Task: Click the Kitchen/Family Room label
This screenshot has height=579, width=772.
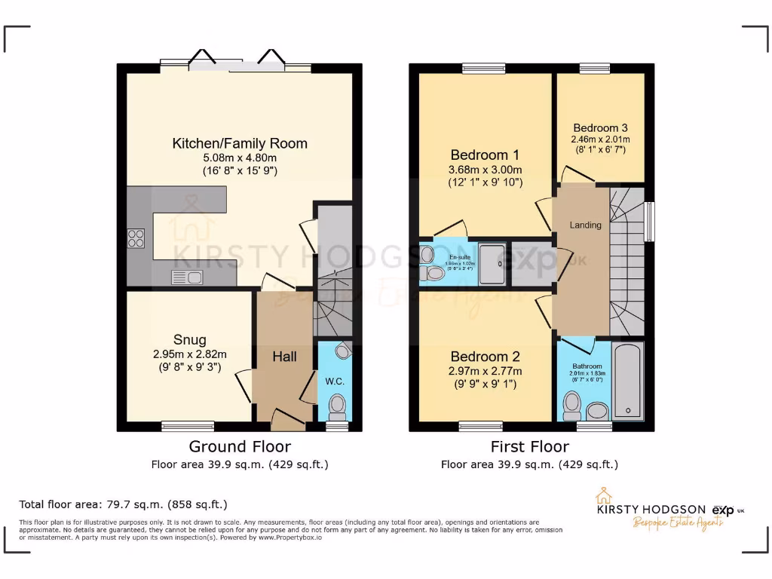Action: point(240,143)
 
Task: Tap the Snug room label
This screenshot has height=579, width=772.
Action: point(189,339)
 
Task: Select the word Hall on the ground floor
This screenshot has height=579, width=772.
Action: point(284,357)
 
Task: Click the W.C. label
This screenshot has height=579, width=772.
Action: point(335,381)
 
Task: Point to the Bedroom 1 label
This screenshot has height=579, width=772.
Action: point(485,155)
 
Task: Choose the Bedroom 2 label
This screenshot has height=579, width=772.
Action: point(485,357)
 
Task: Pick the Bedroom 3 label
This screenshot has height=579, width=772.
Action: point(600,128)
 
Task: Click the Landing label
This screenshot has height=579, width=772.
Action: point(585,225)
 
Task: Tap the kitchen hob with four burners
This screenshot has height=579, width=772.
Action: point(136,238)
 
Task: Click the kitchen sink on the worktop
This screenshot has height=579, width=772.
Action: point(186,277)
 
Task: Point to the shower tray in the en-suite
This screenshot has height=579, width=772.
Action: point(494,262)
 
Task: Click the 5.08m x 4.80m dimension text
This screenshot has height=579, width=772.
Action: point(240,158)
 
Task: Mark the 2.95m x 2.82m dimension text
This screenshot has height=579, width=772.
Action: point(189,354)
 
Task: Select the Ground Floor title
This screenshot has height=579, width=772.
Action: point(240,447)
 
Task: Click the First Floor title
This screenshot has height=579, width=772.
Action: point(528,447)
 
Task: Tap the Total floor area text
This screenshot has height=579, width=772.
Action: point(123,504)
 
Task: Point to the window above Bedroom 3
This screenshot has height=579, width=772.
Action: point(595,69)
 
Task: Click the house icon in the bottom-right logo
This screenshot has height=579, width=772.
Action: point(603,495)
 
